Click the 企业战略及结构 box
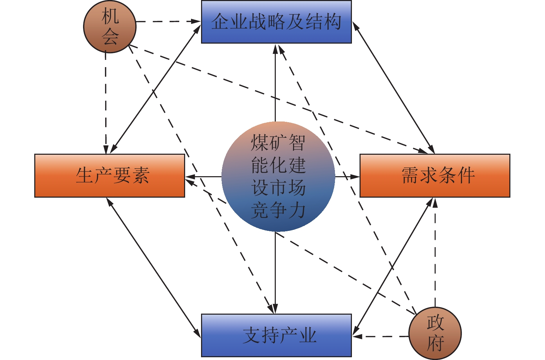(276, 22)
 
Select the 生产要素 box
(109, 175)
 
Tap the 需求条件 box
(435, 175)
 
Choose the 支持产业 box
(276, 335)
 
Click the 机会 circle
(110, 27)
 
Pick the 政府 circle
(435, 333)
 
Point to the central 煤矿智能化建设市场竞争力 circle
(278, 177)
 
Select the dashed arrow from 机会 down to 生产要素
(106, 104)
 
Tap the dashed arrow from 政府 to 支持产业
(381, 336)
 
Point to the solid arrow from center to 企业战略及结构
(275, 83)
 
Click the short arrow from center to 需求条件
(347, 177)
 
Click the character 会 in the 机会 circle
(110, 37)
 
